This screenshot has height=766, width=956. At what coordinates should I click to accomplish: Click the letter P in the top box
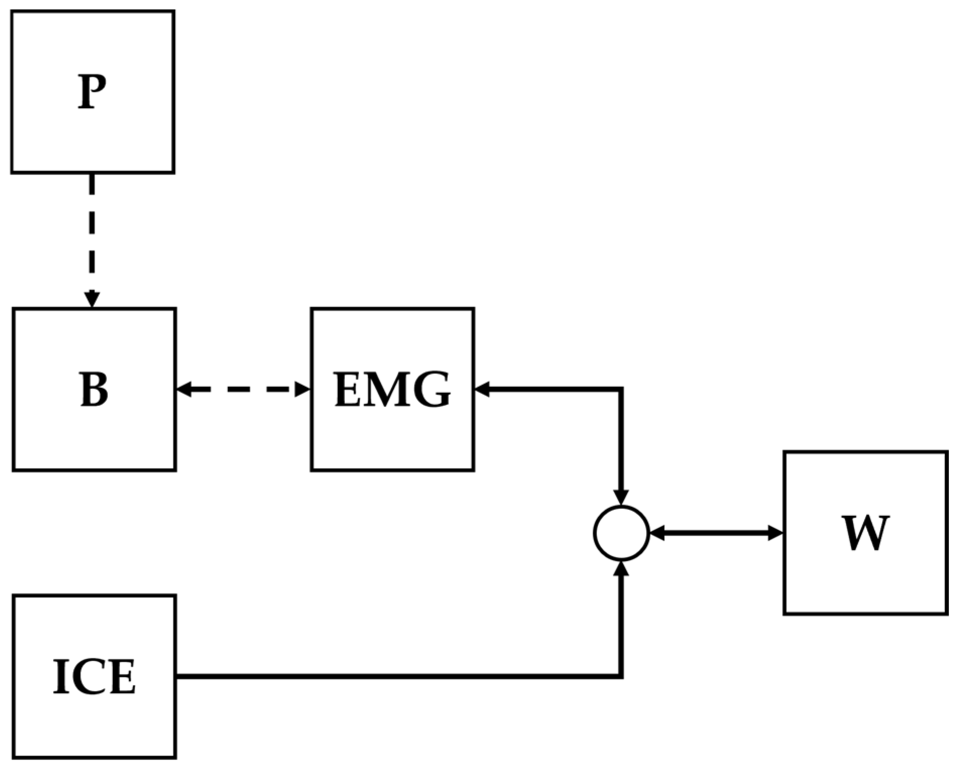92,93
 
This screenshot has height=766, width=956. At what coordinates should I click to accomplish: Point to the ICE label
94,677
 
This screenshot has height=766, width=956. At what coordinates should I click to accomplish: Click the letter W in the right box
865,534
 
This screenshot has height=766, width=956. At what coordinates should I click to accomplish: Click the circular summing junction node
621,533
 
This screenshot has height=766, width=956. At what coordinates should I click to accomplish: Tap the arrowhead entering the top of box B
92,300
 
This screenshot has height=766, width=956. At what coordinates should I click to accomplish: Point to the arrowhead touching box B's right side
184,389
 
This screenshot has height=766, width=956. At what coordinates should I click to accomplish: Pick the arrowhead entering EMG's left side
303,389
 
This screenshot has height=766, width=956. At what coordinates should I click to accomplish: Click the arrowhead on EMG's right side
483,389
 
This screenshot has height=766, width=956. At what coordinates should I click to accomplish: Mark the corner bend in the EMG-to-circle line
621,389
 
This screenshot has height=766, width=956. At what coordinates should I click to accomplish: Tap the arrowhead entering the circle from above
621,497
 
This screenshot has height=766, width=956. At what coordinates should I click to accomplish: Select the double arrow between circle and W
716,533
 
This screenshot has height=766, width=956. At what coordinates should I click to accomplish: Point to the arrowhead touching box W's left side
775,533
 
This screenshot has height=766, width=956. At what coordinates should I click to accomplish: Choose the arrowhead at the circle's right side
657,533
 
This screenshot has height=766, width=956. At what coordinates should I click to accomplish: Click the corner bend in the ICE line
621,676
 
